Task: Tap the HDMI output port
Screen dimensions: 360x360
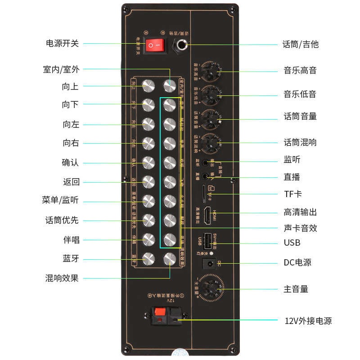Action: coord(207,216)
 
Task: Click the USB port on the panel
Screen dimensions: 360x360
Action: coord(207,242)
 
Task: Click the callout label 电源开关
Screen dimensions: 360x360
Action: coord(63,43)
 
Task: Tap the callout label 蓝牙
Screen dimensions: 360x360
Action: coord(71,259)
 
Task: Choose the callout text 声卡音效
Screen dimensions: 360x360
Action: coord(300,228)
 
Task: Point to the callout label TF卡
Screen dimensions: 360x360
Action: coord(292,194)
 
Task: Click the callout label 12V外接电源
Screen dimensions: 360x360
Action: coord(308,321)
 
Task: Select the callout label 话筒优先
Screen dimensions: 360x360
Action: coord(62,220)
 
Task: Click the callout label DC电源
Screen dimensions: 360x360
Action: coord(297,262)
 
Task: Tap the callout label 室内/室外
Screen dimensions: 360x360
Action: coord(61,69)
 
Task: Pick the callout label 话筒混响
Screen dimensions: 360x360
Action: coord(300,142)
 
